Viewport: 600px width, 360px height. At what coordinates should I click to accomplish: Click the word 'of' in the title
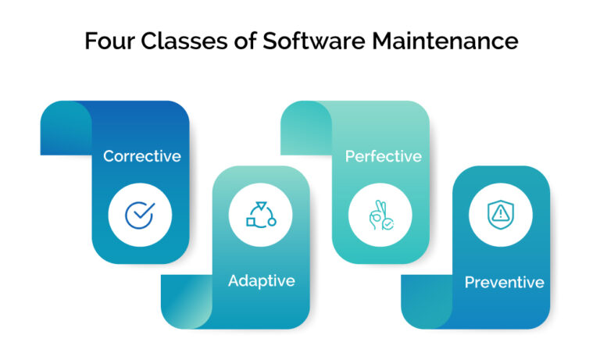click(237, 41)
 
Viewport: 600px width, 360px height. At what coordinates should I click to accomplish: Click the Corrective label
click(141, 156)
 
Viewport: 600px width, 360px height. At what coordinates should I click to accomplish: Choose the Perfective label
click(383, 156)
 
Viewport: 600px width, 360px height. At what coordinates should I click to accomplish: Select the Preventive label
click(504, 282)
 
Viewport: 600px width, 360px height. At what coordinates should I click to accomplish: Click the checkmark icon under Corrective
click(141, 213)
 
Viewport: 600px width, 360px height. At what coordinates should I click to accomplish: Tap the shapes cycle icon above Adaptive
click(261, 213)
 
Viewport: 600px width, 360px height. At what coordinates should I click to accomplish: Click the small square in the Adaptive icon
click(251, 222)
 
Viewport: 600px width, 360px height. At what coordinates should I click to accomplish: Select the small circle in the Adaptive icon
click(272, 222)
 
